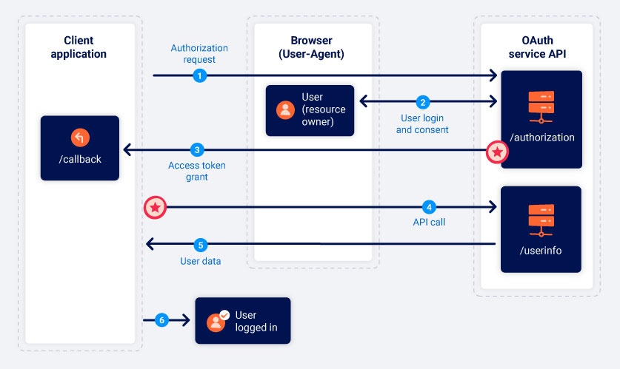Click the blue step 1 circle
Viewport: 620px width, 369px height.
tap(199, 75)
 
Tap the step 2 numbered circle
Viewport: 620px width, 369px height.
tap(423, 102)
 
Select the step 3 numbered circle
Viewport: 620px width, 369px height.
tap(196, 149)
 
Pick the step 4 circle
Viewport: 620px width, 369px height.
tap(427, 207)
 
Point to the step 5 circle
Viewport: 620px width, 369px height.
tap(199, 245)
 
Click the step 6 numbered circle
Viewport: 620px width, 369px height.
tap(162, 320)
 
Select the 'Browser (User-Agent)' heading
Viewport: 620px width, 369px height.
tap(313, 47)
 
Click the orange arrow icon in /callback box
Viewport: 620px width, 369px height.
tap(80, 138)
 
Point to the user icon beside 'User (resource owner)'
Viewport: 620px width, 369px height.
tap(285, 110)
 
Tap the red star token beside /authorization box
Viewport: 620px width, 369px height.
tap(497, 152)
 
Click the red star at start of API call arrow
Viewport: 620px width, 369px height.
tap(154, 208)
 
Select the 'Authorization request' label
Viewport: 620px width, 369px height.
tap(199, 54)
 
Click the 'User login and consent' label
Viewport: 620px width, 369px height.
tap(422, 123)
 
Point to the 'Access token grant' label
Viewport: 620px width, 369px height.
tap(197, 171)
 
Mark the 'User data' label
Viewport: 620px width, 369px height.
tap(200, 261)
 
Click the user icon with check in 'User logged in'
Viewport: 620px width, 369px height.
tap(218, 320)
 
